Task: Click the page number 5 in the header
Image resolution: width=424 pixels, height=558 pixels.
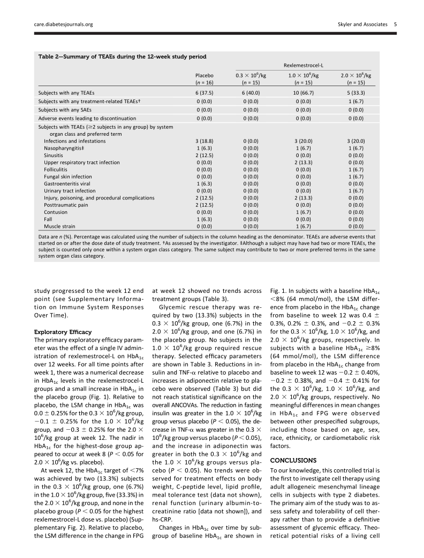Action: point(395,24)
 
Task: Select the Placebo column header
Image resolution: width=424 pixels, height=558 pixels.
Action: point(204,76)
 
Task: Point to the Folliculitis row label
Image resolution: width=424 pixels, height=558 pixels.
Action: point(56,169)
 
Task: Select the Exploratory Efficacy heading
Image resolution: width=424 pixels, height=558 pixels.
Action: point(57,332)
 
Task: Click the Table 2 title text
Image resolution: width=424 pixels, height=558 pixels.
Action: point(122,56)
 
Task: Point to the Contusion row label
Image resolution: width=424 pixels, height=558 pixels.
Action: point(55,211)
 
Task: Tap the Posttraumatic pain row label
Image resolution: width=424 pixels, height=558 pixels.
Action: point(63,204)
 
